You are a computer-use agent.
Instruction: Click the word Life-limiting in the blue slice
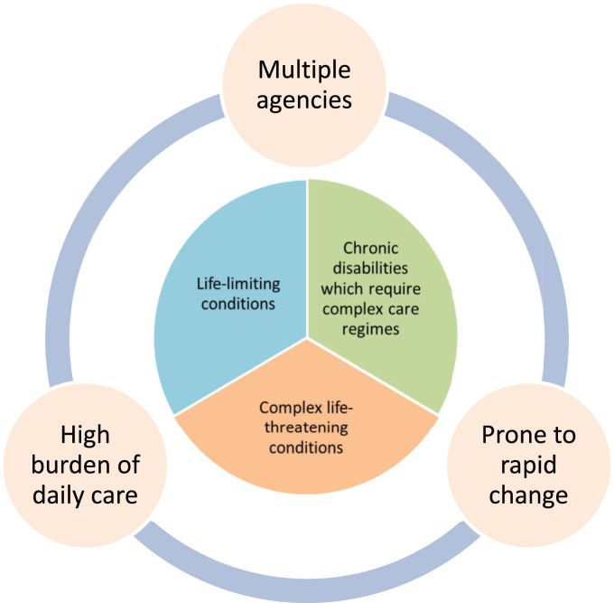[238, 284]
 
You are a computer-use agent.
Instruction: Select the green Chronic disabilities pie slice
[406, 362]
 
